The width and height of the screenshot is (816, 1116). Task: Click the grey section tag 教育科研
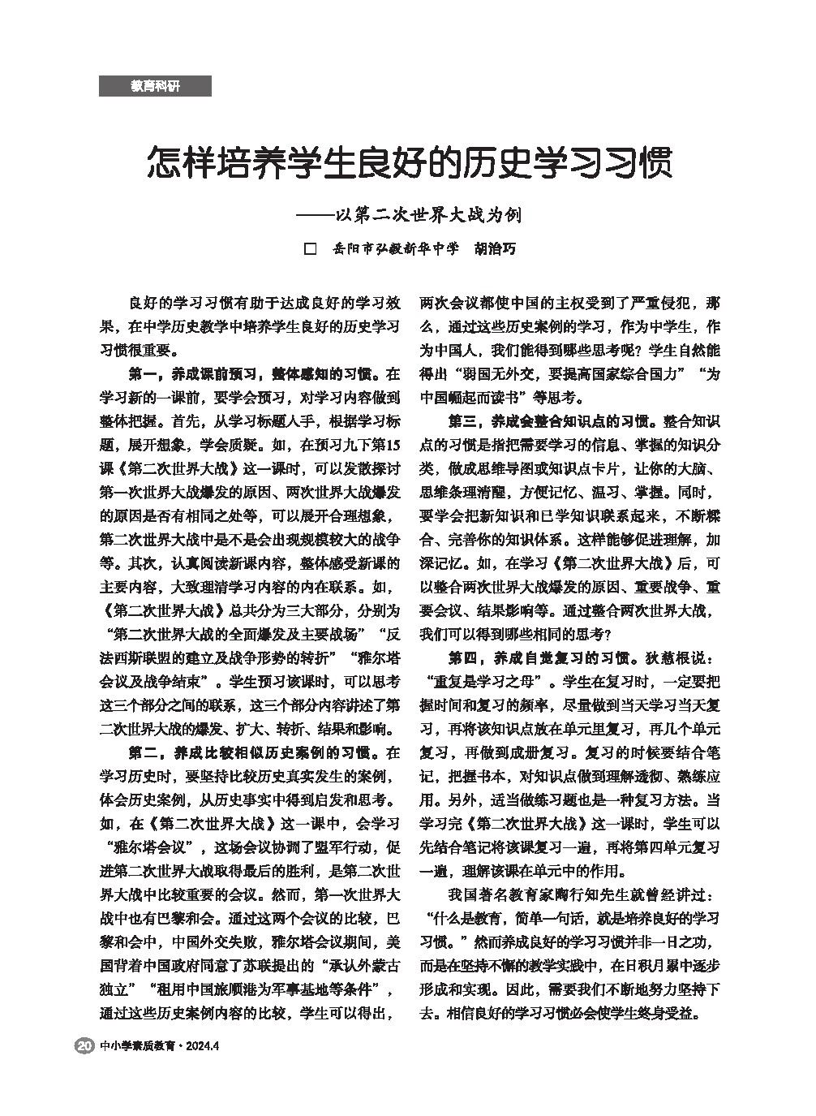[155, 86]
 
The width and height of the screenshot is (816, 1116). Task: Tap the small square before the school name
[309, 248]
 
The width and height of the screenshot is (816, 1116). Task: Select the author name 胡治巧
[494, 248]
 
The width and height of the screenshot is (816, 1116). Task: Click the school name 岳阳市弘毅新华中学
[396, 248]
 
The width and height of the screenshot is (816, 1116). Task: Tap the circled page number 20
[84, 1045]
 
